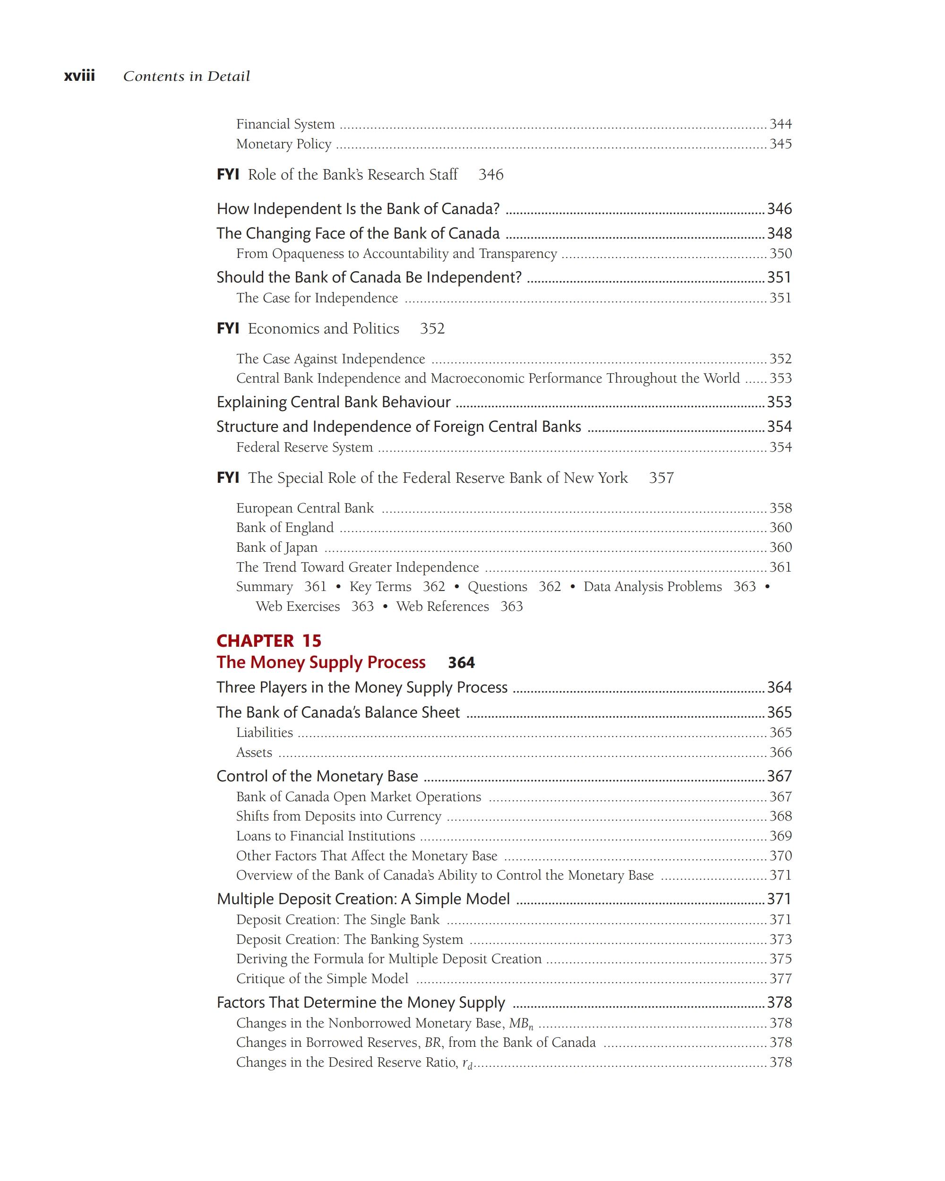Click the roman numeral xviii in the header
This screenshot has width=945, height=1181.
[79, 76]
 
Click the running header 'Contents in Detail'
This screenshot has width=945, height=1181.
[186, 76]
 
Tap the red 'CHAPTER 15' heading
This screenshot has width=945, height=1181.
[268, 641]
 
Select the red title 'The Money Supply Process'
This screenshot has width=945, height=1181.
[320, 662]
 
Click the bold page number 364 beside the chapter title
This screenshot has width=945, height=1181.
[461, 663]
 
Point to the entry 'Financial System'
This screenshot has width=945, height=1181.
[285, 124]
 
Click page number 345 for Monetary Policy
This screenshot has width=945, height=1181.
[780, 144]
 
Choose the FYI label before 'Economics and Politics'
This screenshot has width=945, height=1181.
[228, 328]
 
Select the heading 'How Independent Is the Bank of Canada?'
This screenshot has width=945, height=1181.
[358, 209]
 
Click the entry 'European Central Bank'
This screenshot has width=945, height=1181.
[305, 508]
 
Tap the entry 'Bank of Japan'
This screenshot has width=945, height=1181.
[277, 547]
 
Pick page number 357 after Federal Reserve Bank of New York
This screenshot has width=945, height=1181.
[661, 478]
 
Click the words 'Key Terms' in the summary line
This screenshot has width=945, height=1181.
[380, 587]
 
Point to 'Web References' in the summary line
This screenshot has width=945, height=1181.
[443, 607]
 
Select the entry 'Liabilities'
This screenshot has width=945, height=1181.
[264, 732]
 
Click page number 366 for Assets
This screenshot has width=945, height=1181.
[780, 752]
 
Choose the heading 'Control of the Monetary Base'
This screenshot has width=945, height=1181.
[317, 776]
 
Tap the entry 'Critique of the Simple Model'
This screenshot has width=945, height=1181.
[322, 978]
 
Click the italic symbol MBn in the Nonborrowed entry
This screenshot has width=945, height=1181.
[520, 1023]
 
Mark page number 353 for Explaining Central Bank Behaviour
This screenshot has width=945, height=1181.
[779, 402]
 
